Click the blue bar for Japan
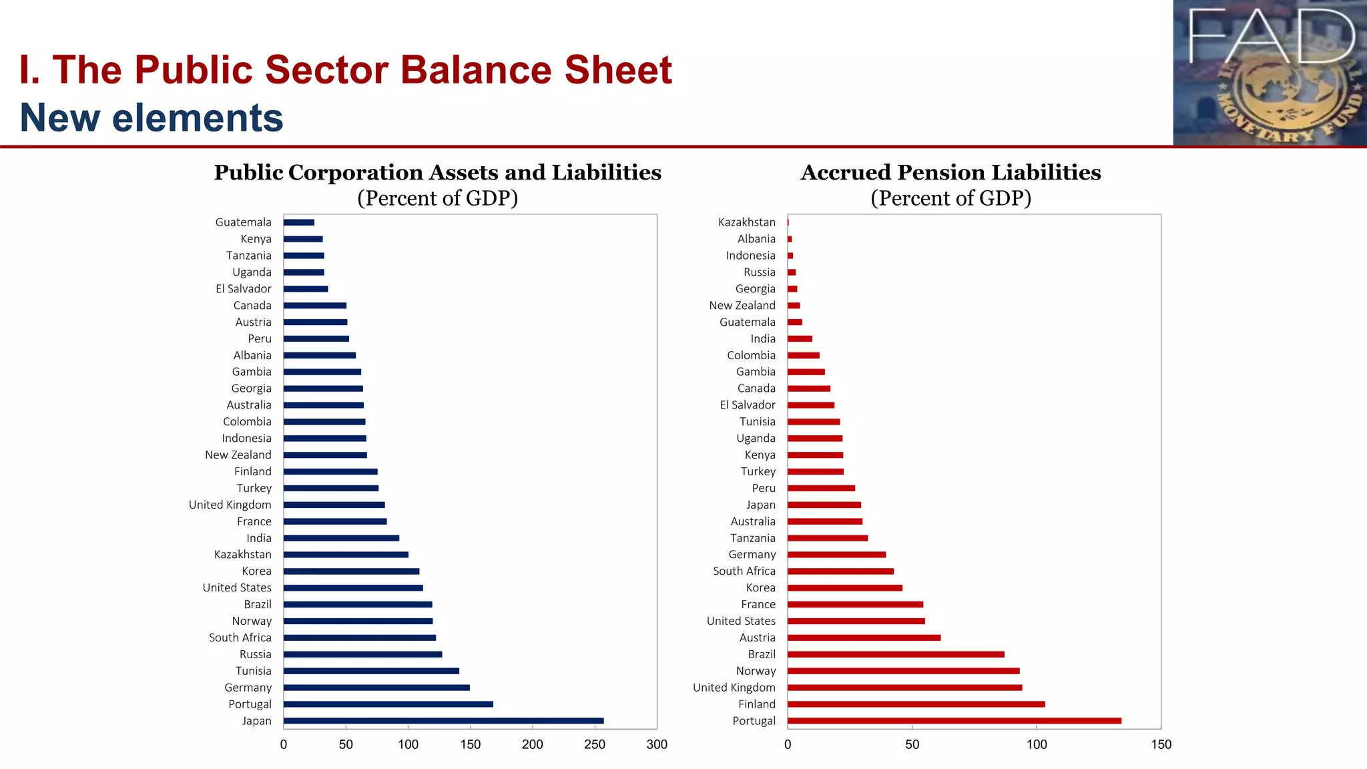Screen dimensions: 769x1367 443,721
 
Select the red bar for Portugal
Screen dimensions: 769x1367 954,721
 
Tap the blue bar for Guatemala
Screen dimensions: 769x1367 298,222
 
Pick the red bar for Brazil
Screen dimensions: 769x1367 895,654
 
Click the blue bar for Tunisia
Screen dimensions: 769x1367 371,671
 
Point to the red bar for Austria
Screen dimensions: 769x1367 864,637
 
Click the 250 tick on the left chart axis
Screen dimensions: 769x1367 594,744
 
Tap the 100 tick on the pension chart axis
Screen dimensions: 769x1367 1036,744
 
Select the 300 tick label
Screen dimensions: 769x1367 656,744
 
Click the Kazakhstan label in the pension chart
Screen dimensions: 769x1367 746,222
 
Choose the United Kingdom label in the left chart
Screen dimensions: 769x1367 230,505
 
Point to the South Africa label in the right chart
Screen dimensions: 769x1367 744,571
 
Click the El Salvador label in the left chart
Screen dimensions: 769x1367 243,288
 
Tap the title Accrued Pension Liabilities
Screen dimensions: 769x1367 950,172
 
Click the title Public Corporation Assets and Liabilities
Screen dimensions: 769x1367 437,172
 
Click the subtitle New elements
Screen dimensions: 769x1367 152,117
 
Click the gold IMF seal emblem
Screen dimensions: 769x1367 1285,97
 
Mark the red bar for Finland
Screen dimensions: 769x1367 916,704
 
